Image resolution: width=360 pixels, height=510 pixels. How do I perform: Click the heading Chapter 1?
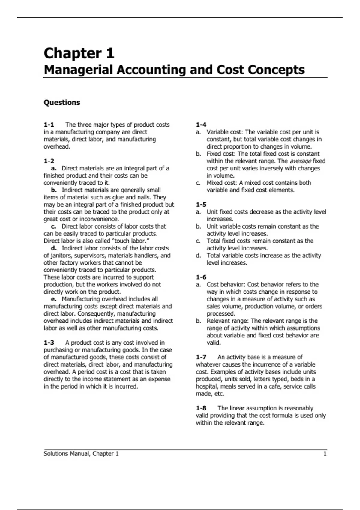click(x=79, y=53)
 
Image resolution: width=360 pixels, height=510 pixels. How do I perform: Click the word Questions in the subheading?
click(x=62, y=103)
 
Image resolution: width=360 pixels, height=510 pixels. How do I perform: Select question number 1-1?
click(x=49, y=125)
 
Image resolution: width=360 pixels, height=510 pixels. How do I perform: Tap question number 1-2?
click(x=49, y=161)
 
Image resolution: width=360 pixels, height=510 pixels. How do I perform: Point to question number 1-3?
click(x=49, y=343)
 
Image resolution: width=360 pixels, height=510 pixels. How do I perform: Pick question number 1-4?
click(x=201, y=125)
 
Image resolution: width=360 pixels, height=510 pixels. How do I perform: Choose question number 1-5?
click(x=201, y=205)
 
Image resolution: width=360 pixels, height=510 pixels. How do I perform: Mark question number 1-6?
click(x=201, y=277)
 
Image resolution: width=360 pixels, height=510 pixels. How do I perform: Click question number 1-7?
click(x=201, y=357)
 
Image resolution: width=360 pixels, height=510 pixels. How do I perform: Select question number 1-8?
click(x=201, y=408)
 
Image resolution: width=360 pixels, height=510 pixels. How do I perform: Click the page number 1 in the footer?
click(x=325, y=454)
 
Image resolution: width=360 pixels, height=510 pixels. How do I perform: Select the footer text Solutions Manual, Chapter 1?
click(x=81, y=454)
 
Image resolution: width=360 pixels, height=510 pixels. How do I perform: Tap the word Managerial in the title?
click(x=79, y=70)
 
